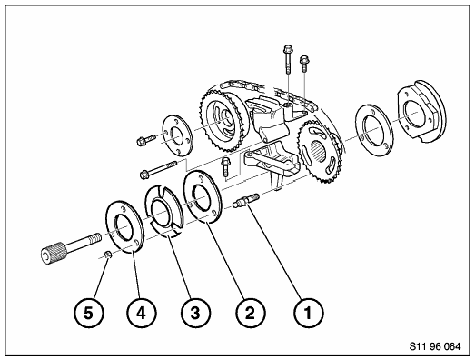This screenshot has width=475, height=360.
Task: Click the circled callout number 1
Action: click(308, 313)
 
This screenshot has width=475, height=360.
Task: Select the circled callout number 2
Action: click(250, 313)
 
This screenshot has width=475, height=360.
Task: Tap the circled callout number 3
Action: click(195, 313)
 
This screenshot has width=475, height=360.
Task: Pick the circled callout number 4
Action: click(142, 313)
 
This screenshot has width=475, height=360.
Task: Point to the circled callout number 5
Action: click(88, 313)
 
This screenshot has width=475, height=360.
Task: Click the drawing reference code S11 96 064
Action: click(435, 346)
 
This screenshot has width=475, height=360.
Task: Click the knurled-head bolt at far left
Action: click(70, 248)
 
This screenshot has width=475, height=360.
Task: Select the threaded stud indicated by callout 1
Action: click(246, 200)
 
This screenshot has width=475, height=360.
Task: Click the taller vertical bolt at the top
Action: click(288, 59)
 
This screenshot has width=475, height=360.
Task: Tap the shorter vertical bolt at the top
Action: click(304, 64)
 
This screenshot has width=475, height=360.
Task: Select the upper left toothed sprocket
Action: click(224, 121)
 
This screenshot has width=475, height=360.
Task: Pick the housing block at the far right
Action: click(422, 111)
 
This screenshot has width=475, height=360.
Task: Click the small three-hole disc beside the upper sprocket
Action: click(177, 135)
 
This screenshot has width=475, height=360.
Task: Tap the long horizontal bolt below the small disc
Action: click(158, 169)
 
